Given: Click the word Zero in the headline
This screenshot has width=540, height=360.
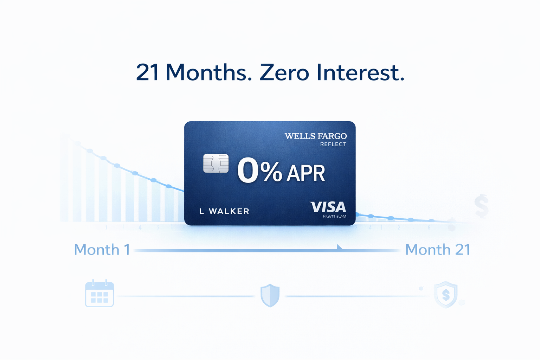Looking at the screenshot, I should pos(284,72).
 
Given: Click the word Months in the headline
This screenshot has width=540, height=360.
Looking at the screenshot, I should pos(208,72).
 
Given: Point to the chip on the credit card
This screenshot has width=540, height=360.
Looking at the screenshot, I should pos(216,163).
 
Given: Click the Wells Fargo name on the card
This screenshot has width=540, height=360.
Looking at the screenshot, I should pos(315,136).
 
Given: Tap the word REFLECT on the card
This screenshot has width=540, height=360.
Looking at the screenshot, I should pos(333,144).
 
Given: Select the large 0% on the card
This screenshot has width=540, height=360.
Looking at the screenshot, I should pos(259,171).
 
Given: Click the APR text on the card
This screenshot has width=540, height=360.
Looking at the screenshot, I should pos(306,173).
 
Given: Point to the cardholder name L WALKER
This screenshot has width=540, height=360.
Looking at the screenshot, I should pos(224,211).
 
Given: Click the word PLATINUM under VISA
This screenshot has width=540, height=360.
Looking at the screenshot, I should pos(334,216).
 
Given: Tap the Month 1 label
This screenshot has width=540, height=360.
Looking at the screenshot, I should pos(102,250).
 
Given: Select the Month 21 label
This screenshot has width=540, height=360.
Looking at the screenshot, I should pos(438,250).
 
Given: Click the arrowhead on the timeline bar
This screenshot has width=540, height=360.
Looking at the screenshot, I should pos(340,247).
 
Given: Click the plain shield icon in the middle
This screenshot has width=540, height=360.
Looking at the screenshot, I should pos(270,295).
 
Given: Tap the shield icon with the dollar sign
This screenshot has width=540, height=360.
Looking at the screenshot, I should pos(446,295).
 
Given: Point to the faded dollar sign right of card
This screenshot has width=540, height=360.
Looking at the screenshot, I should pos(481,207).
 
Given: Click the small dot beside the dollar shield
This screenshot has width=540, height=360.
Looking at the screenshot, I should pos(421,289).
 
